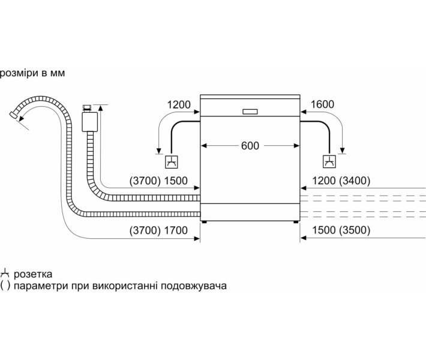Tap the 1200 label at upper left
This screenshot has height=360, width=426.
[x=179, y=105]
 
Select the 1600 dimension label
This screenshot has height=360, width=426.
[x=322, y=105]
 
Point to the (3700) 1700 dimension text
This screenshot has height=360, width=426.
[x=158, y=230]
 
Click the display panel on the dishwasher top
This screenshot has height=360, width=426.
[x=250, y=110]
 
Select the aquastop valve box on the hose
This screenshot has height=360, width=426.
[x=88, y=120]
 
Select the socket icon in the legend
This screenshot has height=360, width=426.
[x=5, y=274]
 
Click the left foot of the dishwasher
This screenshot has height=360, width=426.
[x=205, y=221]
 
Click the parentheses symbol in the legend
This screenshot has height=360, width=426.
[x=5, y=286]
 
